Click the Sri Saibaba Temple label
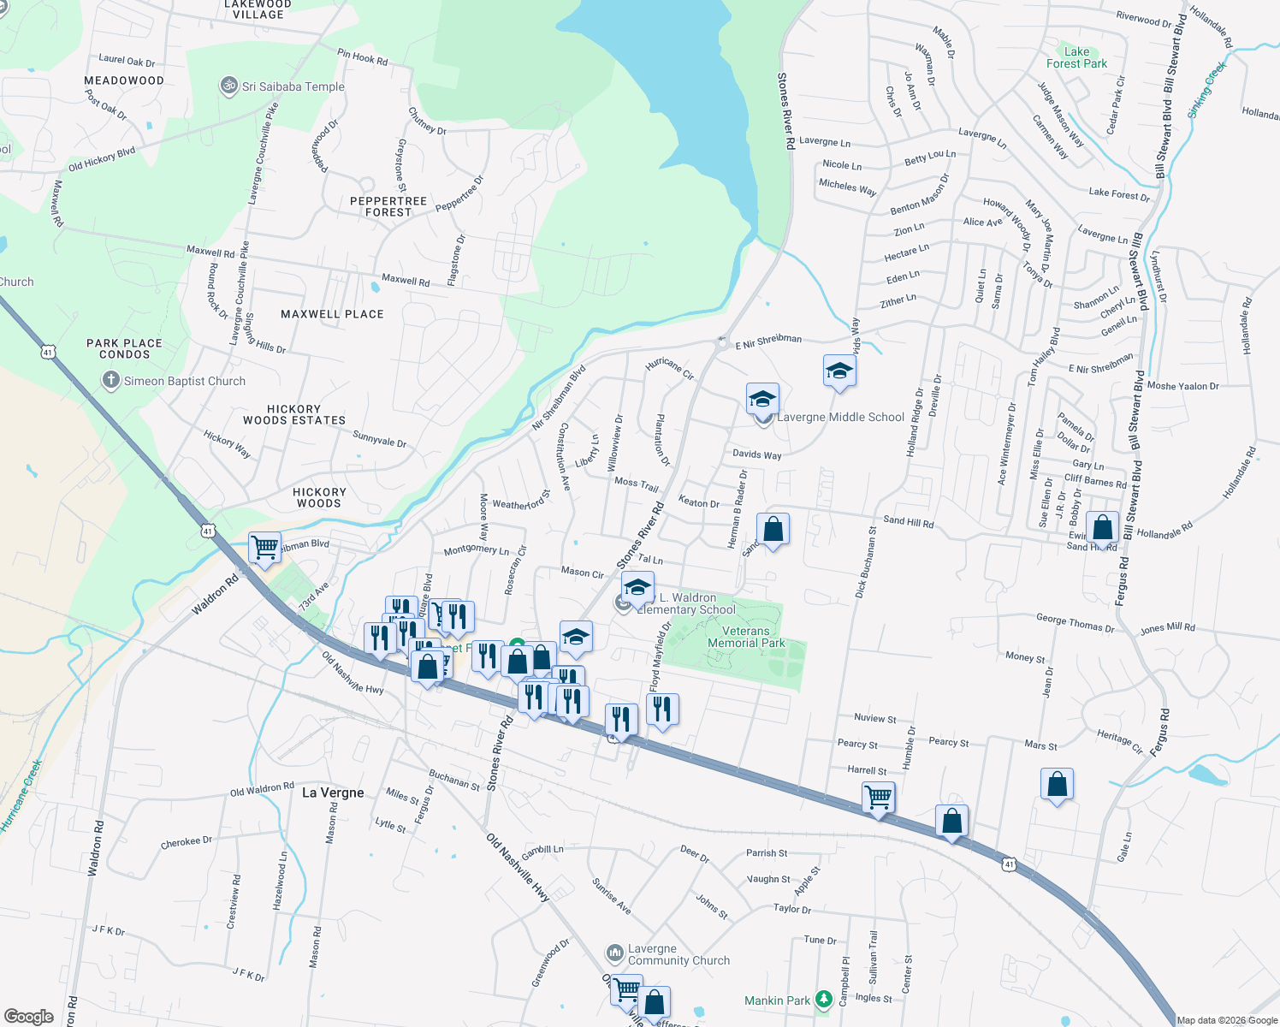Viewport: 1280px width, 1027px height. click(x=293, y=86)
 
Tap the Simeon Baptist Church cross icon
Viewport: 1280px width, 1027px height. click(x=110, y=381)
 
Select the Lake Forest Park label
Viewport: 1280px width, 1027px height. click(x=1076, y=57)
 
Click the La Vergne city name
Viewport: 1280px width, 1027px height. click(x=333, y=793)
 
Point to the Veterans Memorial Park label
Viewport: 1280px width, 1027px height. click(x=746, y=637)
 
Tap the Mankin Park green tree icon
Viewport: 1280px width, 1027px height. click(x=823, y=999)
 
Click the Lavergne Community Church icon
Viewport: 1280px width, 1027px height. click(x=614, y=953)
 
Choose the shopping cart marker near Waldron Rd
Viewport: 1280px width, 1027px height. click(x=264, y=547)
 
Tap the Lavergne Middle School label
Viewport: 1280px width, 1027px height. click(x=840, y=417)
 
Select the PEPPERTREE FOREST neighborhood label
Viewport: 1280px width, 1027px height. click(x=388, y=206)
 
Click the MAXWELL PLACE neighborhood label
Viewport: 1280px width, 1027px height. click(x=332, y=314)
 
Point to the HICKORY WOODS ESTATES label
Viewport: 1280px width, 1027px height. click(x=294, y=414)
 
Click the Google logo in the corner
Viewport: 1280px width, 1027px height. click(x=28, y=1017)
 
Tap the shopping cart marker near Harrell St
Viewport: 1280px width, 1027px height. click(x=879, y=798)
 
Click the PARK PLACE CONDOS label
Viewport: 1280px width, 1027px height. click(x=124, y=348)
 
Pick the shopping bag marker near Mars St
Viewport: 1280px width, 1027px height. click(x=1057, y=784)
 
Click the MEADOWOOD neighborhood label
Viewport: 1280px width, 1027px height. click(x=124, y=80)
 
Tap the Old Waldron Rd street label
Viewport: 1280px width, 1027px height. click(x=262, y=788)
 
